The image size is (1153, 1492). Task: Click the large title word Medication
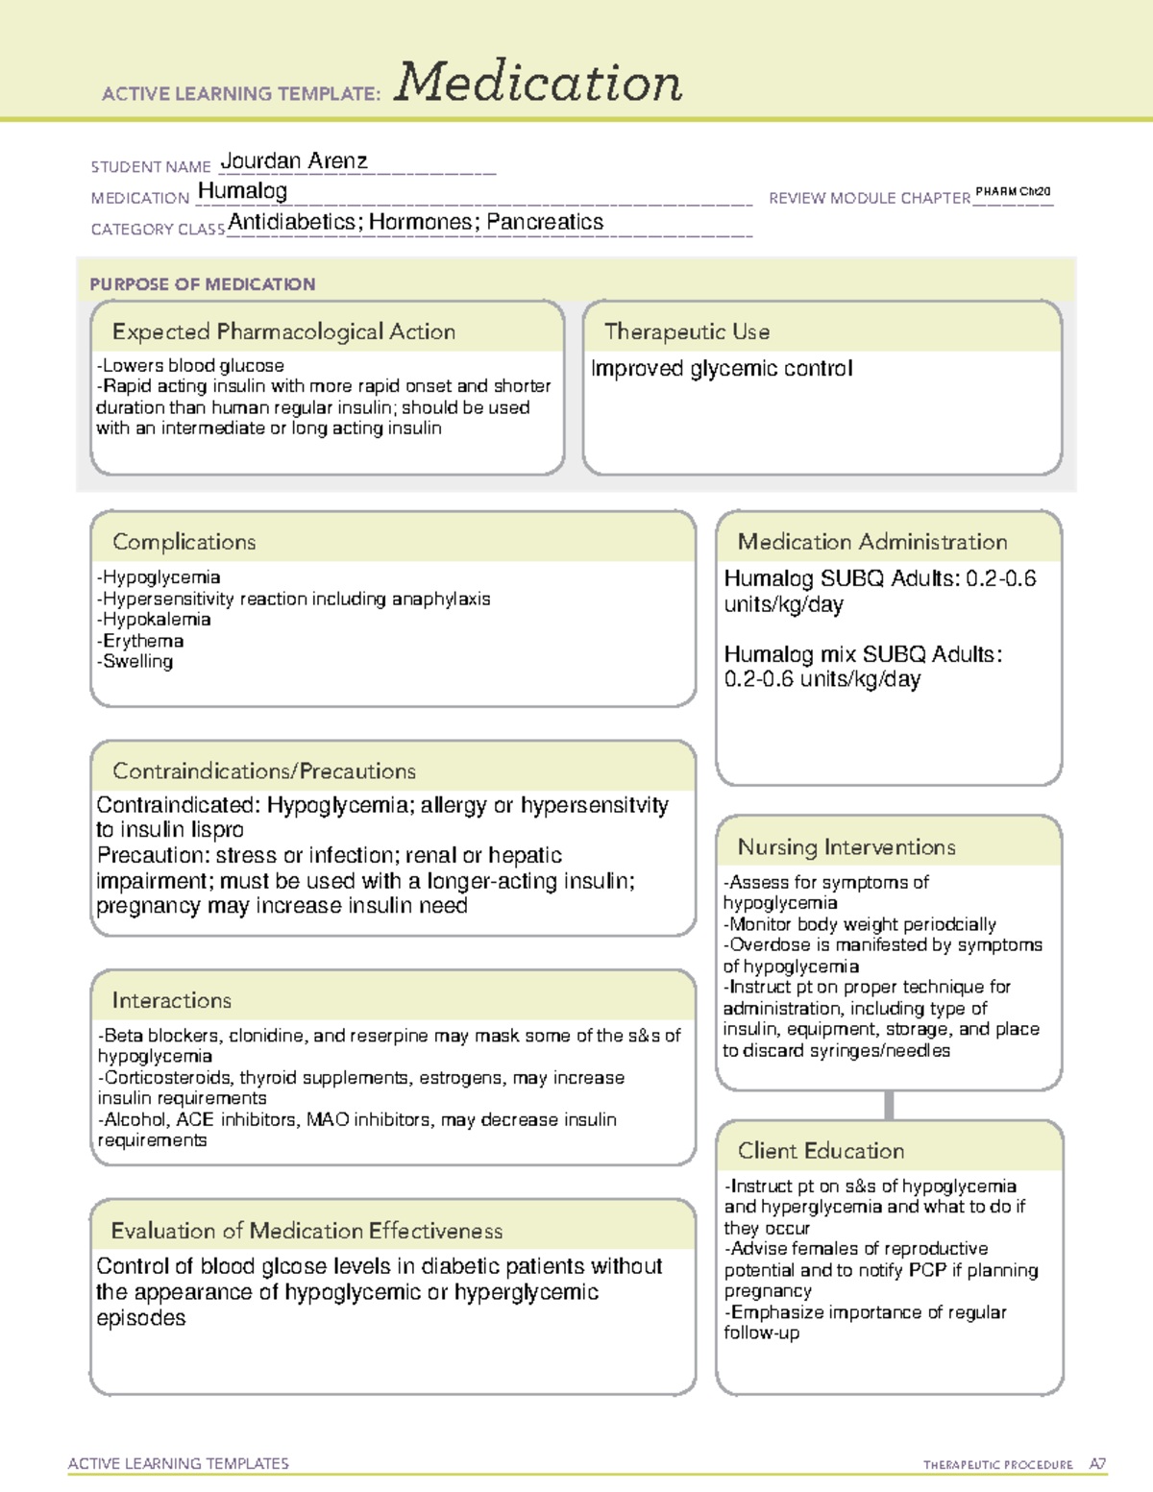point(538,83)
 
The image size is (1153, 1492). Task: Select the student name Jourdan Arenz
point(294,161)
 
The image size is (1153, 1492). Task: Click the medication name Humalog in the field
point(242,191)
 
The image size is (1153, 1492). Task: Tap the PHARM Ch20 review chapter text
point(1013,192)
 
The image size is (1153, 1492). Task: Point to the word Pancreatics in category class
point(545,222)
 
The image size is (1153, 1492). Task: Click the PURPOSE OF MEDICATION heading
point(203,284)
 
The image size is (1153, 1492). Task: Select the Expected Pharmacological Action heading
point(283,331)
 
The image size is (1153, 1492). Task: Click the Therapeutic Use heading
point(686,331)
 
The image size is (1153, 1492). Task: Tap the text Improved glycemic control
point(722,369)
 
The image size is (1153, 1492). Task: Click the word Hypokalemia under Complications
point(157,620)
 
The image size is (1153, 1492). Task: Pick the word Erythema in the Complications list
point(143,641)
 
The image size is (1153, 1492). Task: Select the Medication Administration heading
point(871,542)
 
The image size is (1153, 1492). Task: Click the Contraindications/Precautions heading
point(264,771)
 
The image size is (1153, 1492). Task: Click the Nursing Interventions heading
point(846,847)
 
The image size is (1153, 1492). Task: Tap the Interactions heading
point(171,1001)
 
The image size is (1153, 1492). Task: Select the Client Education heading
point(821,1151)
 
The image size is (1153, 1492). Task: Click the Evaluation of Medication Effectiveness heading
point(307,1231)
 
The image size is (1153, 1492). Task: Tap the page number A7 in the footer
point(1097,1464)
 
